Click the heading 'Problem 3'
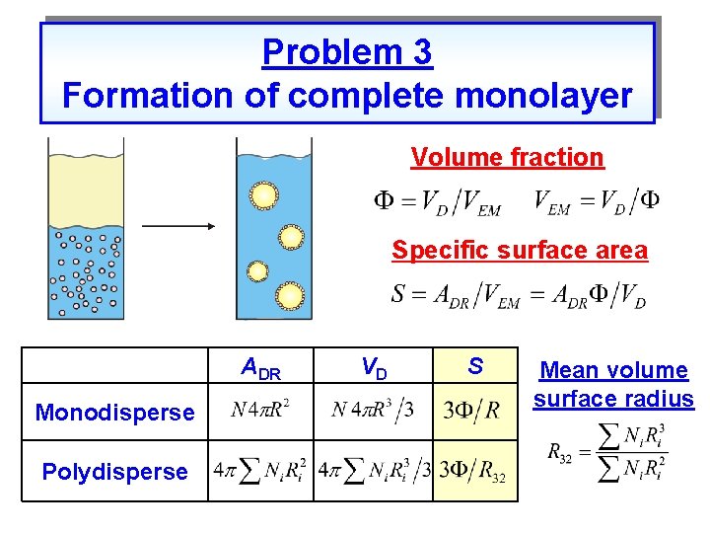tap(347, 52)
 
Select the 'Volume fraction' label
tap(507, 157)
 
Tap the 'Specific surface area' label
tap(520, 250)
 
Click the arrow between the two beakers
tap(178, 226)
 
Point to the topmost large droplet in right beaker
tap(263, 195)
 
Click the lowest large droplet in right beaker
tap(290, 294)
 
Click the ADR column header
tap(261, 368)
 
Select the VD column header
tap(374, 368)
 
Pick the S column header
tap(475, 367)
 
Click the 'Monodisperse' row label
tap(114, 413)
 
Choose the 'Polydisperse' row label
tap(114, 472)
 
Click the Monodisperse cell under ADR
tap(260, 410)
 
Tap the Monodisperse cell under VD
tap(373, 410)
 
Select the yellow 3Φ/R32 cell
tap(474, 472)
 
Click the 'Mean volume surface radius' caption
tap(613, 385)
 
